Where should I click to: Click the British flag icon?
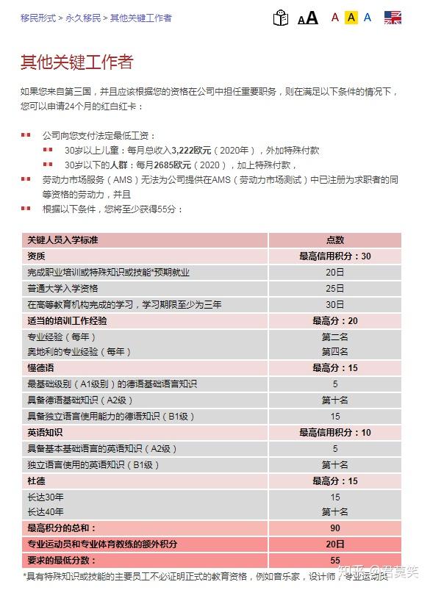pos(393,18)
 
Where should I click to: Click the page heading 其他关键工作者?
pos(77,62)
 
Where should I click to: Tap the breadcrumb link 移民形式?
pos(37,18)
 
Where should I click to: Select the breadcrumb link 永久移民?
pos(82,18)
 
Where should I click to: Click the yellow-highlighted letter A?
pos(351,18)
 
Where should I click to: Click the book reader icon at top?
pos(281,18)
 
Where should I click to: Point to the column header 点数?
pos(334,240)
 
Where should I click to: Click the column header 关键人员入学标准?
pos(62,240)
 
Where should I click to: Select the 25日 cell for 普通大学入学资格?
pos(334,288)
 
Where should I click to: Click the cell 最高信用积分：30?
pos(334,256)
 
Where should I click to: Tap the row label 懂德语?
pos(41,367)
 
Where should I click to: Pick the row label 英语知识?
pos(45,433)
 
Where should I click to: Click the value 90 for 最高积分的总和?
pos(334,528)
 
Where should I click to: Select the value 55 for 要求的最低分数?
pos(334,561)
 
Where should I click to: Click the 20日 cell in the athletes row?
pos(334,544)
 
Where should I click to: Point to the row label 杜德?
pos(36,481)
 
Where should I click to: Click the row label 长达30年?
pos(46,497)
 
